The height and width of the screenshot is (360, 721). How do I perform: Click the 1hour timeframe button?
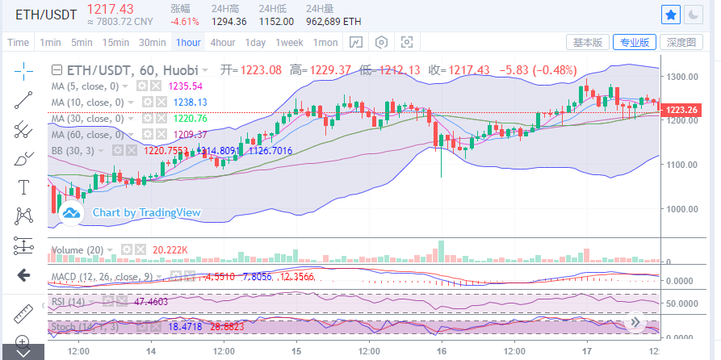point(188,42)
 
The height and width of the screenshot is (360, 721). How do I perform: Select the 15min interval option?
point(115,42)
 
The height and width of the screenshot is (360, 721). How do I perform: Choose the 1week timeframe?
point(289,42)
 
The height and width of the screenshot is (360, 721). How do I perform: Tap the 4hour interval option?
point(222,42)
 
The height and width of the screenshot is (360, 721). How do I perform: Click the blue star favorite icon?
point(671,14)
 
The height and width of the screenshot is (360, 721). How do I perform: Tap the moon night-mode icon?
point(694,14)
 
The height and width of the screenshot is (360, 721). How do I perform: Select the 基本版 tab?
point(587,42)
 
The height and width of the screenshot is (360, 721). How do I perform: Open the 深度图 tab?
point(681,42)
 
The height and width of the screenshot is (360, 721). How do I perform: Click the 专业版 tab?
point(634,42)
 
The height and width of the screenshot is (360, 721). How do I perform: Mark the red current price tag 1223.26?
point(683,110)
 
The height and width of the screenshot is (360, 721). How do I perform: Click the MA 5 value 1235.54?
point(185,86)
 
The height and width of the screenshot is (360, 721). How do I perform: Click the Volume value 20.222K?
point(170,250)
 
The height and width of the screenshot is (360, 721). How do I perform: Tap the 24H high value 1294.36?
point(228,21)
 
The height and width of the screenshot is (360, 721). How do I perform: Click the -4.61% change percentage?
point(185,21)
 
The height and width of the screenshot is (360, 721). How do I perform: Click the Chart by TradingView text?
point(146,212)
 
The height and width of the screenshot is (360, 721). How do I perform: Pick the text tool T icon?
point(23,186)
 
